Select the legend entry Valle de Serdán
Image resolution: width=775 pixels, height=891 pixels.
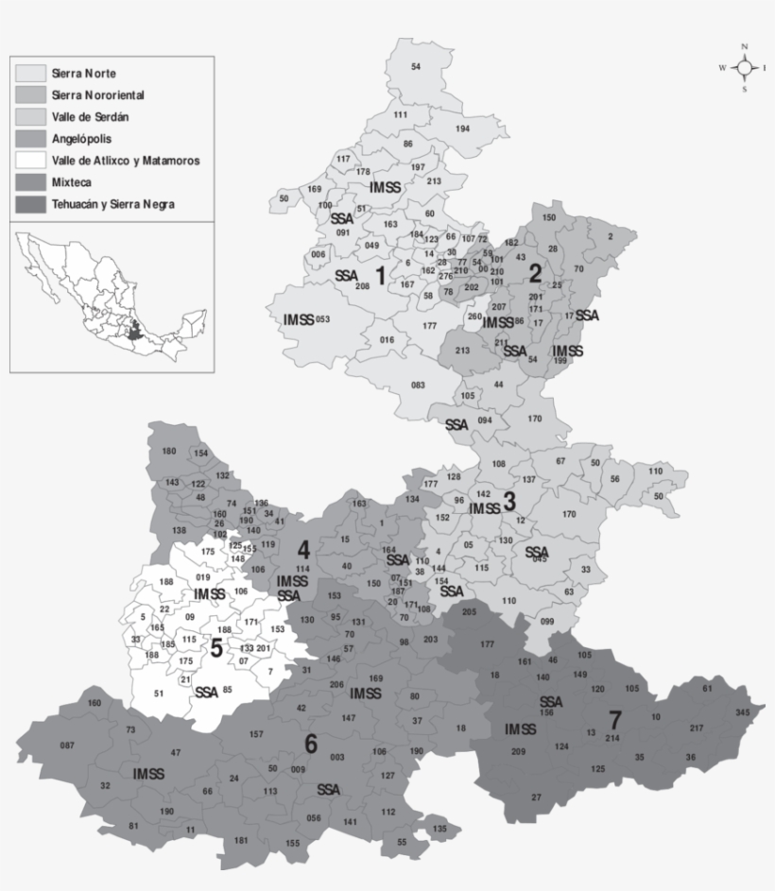[x=91, y=117]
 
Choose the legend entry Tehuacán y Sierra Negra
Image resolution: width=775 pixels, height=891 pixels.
[x=113, y=204]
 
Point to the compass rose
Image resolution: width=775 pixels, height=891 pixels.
[x=745, y=68]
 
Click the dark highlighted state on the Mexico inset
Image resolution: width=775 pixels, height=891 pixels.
[x=137, y=334]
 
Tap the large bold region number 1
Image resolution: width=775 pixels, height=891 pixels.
[x=380, y=276]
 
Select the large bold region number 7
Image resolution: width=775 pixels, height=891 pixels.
[x=615, y=718]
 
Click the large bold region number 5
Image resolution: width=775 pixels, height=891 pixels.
[x=216, y=648]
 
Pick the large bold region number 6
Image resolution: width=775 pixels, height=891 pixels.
[x=310, y=744]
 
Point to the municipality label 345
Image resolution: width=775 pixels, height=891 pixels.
[x=744, y=711]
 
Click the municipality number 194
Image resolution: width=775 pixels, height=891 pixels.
[x=462, y=129]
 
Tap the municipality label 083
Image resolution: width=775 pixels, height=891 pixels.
[x=418, y=385]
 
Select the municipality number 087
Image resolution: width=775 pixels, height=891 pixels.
[x=67, y=745]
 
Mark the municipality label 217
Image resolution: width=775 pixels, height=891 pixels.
[x=697, y=728]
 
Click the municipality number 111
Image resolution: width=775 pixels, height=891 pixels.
[x=401, y=114]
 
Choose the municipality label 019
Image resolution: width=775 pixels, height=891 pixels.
[x=202, y=576]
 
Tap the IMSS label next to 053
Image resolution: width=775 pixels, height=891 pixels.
[x=298, y=320]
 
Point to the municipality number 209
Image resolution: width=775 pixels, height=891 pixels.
[x=518, y=752]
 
